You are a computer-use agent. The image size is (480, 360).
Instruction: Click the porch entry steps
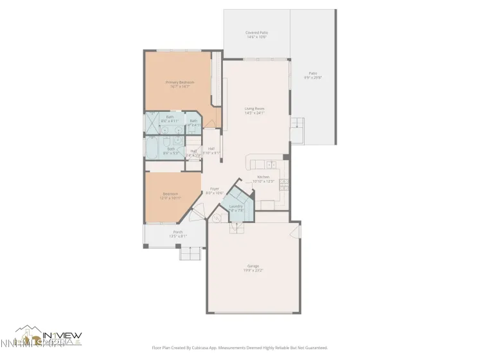[x=190, y=254]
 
